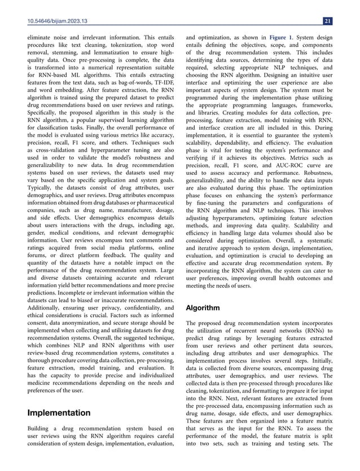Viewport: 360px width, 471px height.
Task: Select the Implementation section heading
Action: [x=59, y=413]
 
